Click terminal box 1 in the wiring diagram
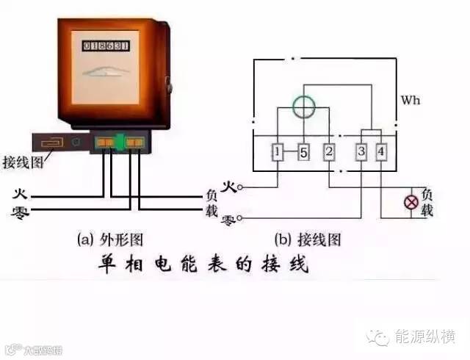coord(276,153)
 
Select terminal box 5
coord(304,153)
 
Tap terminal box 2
coord(329,153)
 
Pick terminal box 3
coord(361,153)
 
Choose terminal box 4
coord(380,153)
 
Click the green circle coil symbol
coord(302,107)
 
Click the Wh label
coord(410,98)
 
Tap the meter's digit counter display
coord(108,46)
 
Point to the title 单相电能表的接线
coord(203,264)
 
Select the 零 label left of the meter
coord(21,212)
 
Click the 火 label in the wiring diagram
coord(228,187)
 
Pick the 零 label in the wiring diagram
coord(228,219)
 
